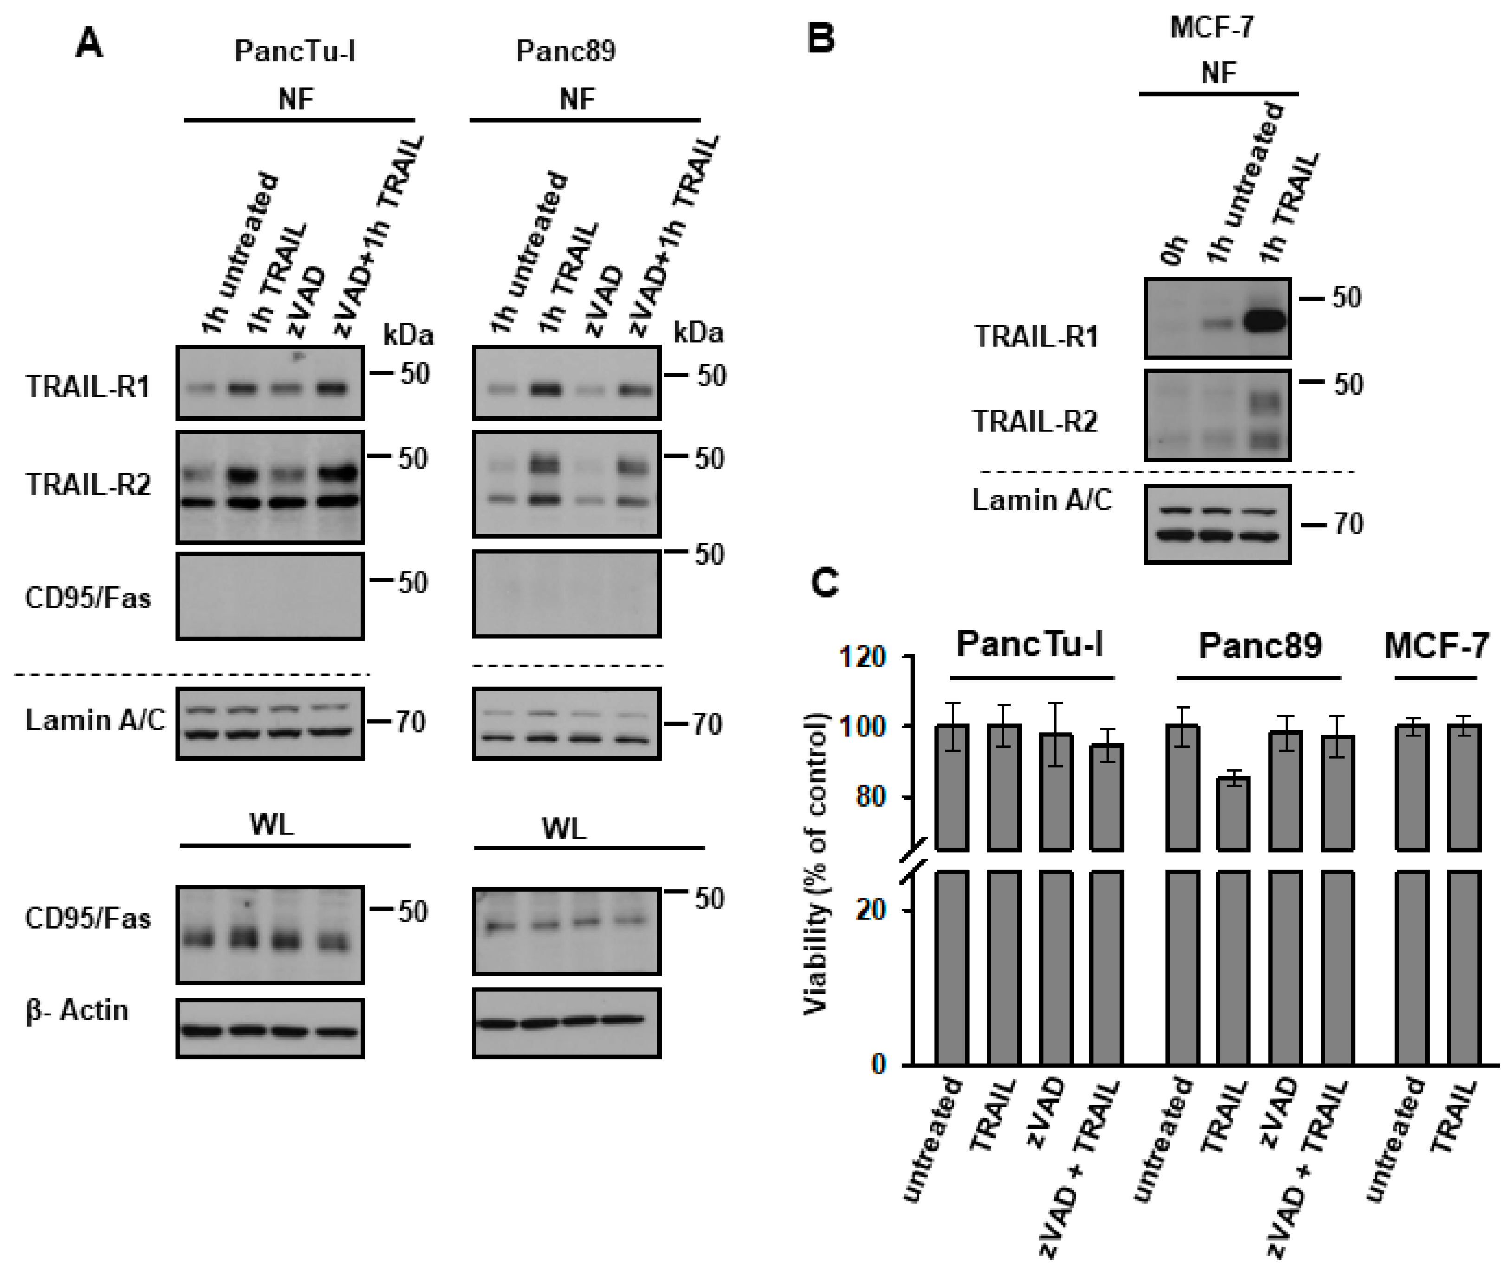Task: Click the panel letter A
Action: (x=89, y=45)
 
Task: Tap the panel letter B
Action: (x=821, y=38)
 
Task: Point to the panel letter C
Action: (x=825, y=584)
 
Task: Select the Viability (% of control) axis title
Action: (x=816, y=863)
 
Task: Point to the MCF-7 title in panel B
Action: (x=1212, y=27)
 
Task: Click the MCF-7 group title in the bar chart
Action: (x=1436, y=646)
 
